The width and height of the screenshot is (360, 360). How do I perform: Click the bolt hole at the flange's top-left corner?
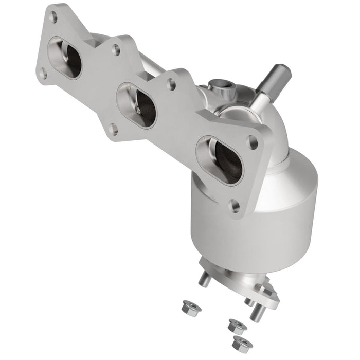coord(52,17)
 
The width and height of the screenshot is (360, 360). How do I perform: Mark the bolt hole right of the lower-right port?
coord(251,139)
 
